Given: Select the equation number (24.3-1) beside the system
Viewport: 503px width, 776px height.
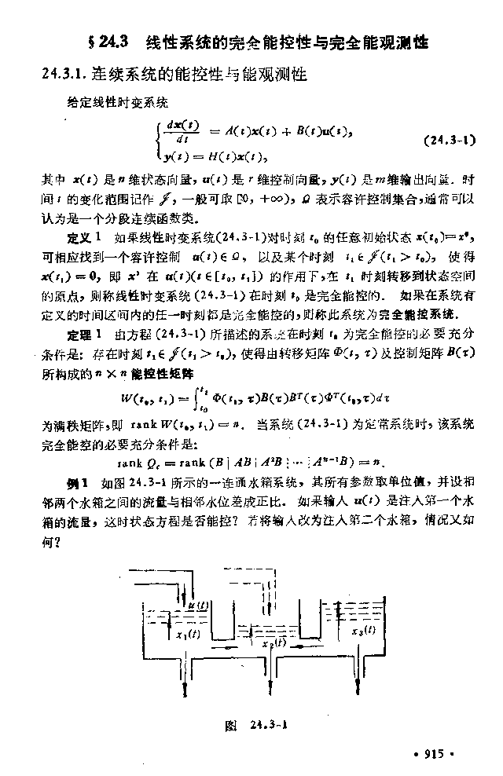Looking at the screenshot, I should [x=450, y=142].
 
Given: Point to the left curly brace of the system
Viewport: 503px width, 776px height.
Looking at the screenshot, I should [x=159, y=141].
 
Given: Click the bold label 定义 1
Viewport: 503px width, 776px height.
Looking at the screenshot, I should [x=84, y=236].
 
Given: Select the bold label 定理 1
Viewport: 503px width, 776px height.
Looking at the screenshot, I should [x=84, y=335].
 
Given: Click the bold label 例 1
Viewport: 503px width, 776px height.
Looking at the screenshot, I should [x=79, y=480].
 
